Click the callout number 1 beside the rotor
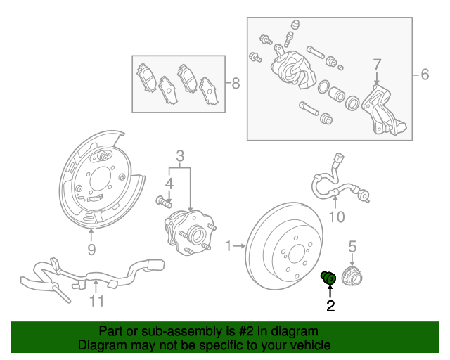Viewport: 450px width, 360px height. coord(228,245)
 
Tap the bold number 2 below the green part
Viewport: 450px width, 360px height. coord(330,306)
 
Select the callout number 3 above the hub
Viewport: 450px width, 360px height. coord(180,155)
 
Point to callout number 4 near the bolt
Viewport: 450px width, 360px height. coord(168,184)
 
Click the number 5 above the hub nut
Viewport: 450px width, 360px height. coord(353,246)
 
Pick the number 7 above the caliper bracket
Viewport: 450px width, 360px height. coord(377,65)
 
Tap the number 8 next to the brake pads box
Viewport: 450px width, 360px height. coord(235,84)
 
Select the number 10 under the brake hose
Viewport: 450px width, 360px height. coord(337,217)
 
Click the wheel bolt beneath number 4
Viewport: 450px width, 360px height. coord(163,202)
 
